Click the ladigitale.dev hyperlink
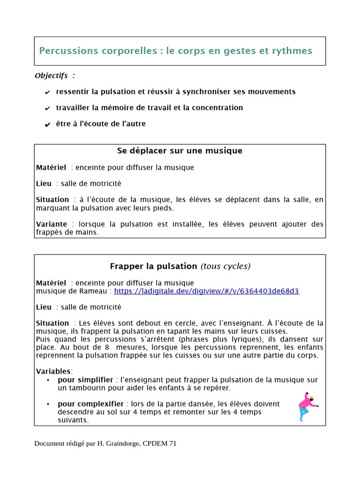[206, 291]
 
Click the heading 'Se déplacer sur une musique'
[180, 151]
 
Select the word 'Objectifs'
[51, 76]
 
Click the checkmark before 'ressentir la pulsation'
[47, 92]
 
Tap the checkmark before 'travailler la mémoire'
[47, 109]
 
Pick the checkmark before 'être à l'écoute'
[47, 125]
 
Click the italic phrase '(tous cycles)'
[225, 266]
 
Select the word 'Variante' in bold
[52, 225]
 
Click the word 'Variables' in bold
[54, 371]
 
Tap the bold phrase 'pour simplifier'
[85, 380]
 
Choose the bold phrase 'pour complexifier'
[90, 404]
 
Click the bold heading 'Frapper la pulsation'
[153, 266]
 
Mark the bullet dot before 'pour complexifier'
[49, 404]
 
